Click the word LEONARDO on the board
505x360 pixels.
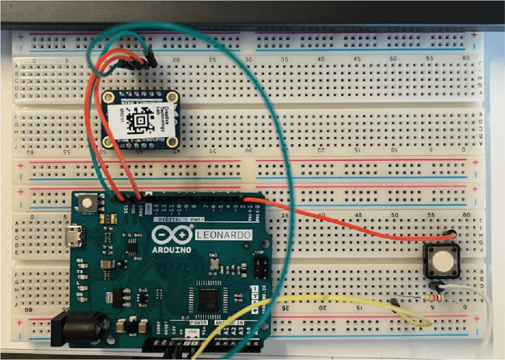pyautogui.click(x=223, y=235)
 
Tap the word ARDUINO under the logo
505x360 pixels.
pyautogui.click(x=172, y=249)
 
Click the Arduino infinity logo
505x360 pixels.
pyautogui.click(x=171, y=235)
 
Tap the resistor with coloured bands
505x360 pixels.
pyautogui.click(x=434, y=297)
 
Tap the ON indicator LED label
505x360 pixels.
pyautogui.click(x=80, y=293)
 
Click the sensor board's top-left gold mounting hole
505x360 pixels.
pyautogui.click(x=106, y=97)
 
